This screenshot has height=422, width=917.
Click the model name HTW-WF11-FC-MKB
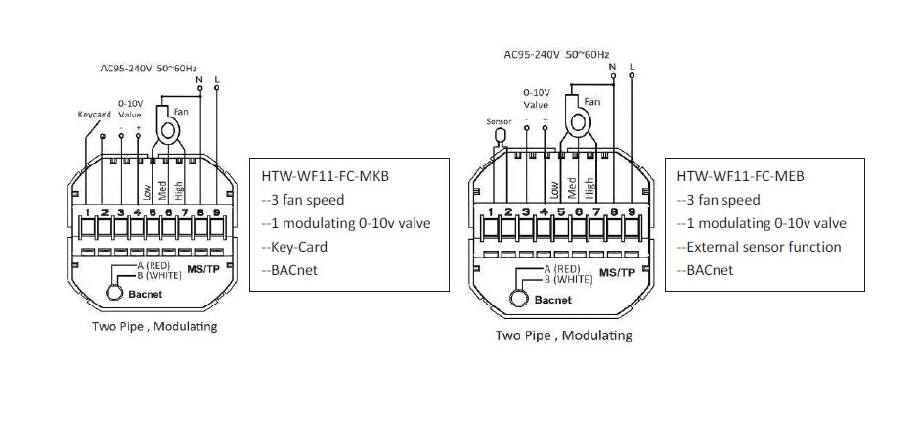(x=321, y=177)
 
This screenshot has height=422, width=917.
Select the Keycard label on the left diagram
(x=94, y=114)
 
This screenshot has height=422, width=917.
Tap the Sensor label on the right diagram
(x=499, y=121)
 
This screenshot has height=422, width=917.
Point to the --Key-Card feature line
(x=294, y=247)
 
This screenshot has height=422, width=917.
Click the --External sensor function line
(x=759, y=247)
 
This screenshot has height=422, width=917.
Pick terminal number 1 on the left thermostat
(x=87, y=211)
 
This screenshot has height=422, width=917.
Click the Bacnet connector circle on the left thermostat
(x=115, y=291)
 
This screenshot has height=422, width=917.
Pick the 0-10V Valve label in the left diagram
(x=129, y=108)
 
